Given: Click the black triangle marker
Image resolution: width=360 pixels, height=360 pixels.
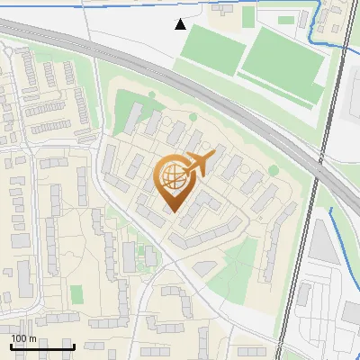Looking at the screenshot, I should pos(181,24).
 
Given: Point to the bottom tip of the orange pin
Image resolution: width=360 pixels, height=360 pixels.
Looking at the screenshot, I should pos(173,212).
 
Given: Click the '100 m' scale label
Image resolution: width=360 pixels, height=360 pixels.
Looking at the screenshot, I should pos(23,338).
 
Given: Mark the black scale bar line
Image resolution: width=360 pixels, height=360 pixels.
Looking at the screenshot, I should pos(42,346).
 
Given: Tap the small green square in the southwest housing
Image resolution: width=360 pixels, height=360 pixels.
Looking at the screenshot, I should pos(76,293).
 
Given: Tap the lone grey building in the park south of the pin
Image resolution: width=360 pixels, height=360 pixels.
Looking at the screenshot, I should pos(205,267).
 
